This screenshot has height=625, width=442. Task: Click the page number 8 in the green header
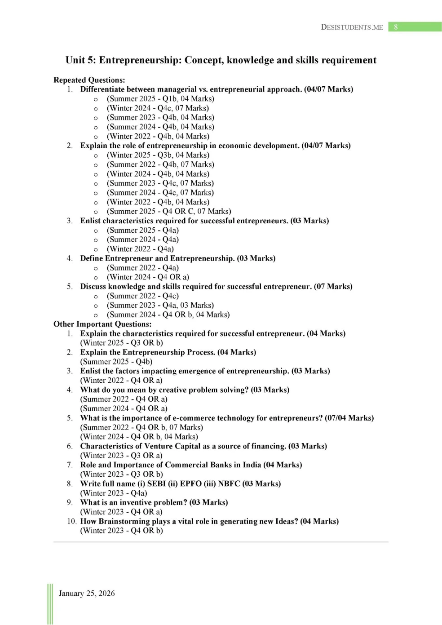click(396, 27)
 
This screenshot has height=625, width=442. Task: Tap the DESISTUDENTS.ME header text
click(352, 27)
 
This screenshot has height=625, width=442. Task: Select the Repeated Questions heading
click(89, 80)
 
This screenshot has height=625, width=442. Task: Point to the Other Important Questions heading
click(102, 324)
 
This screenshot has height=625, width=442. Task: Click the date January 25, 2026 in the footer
click(87, 594)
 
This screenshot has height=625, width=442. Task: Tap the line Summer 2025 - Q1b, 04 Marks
click(160, 99)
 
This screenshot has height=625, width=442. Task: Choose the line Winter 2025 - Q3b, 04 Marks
click(158, 155)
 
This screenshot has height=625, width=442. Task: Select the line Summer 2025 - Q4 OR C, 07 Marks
click(169, 211)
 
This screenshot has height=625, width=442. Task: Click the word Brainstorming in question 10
click(127, 521)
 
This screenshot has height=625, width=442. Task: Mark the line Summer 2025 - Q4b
click(116, 362)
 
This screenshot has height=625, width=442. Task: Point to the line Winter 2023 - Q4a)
click(114, 493)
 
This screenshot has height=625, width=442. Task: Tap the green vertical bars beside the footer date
click(50, 604)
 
